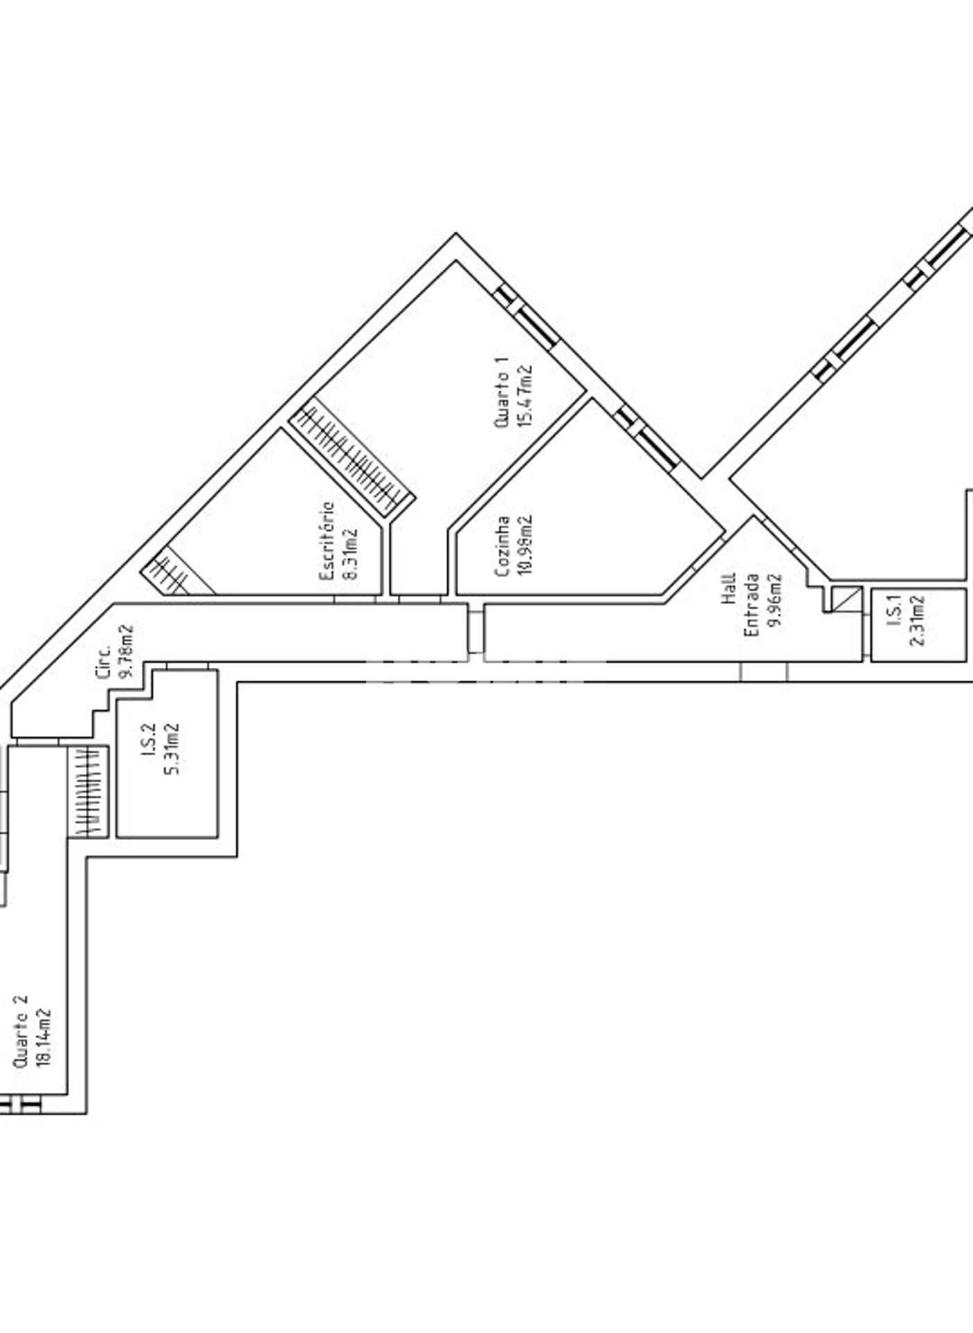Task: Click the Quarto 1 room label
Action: (501, 392)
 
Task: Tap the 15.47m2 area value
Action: (524, 395)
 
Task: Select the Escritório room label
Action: (327, 542)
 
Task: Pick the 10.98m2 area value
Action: (526, 546)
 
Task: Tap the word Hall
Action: (729, 589)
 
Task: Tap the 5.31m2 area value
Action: (171, 749)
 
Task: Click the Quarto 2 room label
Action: (20, 1031)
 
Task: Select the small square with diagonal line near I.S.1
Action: (847, 599)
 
